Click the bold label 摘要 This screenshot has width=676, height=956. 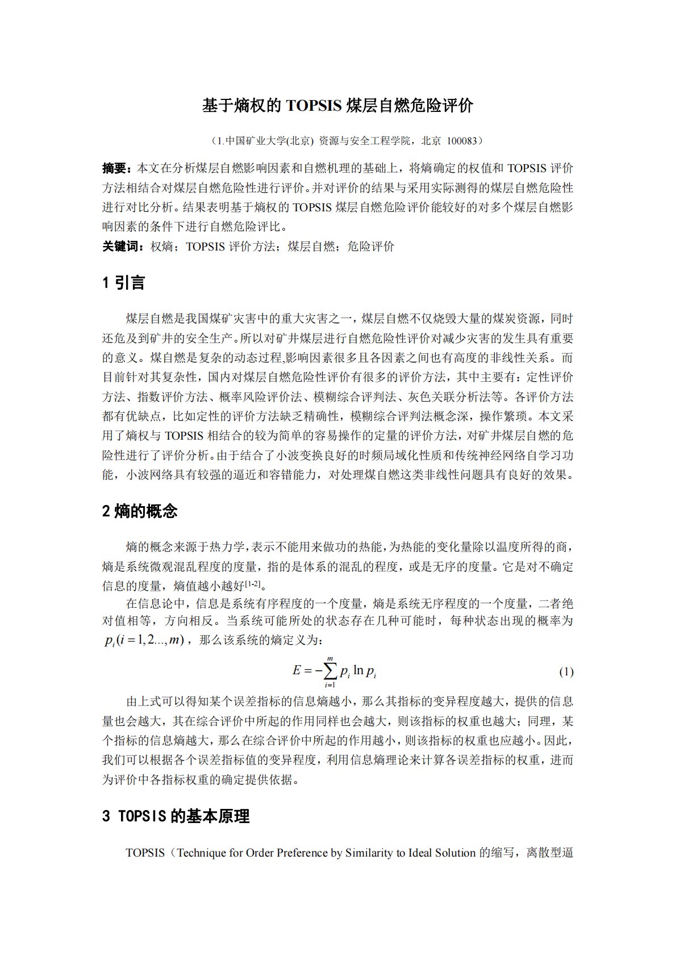[x=116, y=168]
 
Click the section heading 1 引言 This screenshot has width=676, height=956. [x=123, y=282]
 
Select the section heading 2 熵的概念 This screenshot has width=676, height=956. [x=140, y=511]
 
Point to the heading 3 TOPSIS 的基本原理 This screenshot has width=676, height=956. [x=176, y=816]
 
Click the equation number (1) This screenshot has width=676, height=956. [x=566, y=672]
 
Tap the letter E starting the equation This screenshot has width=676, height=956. [x=297, y=671]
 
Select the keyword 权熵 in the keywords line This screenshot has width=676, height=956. [x=161, y=247]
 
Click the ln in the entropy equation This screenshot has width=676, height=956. [x=358, y=671]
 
